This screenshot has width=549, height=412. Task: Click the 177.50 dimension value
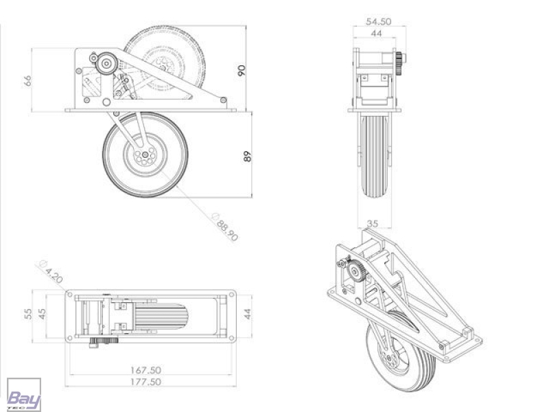click(145, 382)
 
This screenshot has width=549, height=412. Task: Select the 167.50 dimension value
click(145, 370)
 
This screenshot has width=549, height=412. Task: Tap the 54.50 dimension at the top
click(379, 21)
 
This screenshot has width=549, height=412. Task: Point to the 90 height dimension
click(242, 70)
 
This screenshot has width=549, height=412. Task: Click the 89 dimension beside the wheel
click(247, 157)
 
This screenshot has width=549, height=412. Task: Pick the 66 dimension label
click(27, 80)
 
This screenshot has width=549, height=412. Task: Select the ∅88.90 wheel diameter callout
click(225, 227)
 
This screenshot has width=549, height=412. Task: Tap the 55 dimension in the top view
click(28, 314)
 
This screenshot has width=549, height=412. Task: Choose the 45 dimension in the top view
click(41, 314)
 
